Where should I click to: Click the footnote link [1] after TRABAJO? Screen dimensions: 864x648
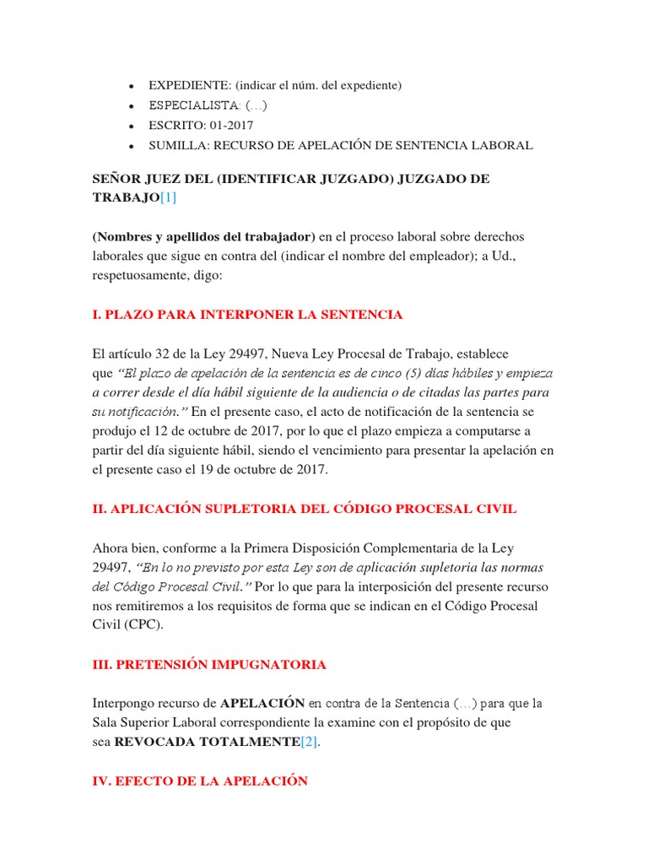(x=168, y=197)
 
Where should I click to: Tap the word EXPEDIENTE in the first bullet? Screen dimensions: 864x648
(x=190, y=85)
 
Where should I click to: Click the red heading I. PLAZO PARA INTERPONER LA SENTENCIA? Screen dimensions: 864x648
(x=247, y=315)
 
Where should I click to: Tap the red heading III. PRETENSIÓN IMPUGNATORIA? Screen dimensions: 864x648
(x=209, y=665)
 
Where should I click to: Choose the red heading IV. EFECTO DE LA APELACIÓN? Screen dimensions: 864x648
(x=200, y=781)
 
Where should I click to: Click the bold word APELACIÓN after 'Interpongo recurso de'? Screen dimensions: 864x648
(x=262, y=703)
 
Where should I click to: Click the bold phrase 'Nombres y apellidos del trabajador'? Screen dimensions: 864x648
(x=203, y=236)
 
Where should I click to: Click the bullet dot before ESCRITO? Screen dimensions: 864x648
(x=130, y=126)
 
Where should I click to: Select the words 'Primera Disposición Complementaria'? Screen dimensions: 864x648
(x=360, y=548)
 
